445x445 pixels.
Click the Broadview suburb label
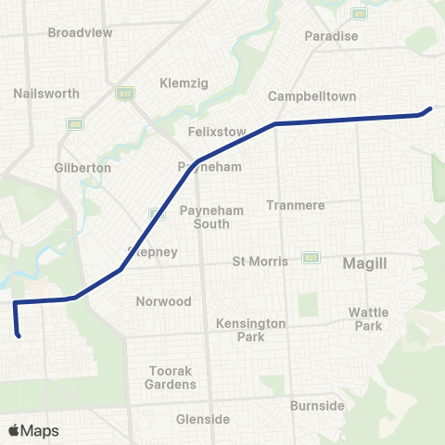80,32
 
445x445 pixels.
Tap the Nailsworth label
47,94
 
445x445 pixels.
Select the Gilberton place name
83,168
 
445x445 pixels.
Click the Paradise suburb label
331,36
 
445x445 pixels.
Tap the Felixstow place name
216,132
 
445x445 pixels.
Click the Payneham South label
211,217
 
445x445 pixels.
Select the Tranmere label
292,205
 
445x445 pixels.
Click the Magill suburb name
364,263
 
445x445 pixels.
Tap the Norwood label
163,301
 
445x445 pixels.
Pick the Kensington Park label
240,329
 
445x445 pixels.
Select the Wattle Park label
368,319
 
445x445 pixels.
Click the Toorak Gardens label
172,377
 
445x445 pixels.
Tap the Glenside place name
203,419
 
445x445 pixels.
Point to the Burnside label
317,406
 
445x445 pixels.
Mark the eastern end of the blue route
431,108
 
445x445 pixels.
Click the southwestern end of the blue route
19,336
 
